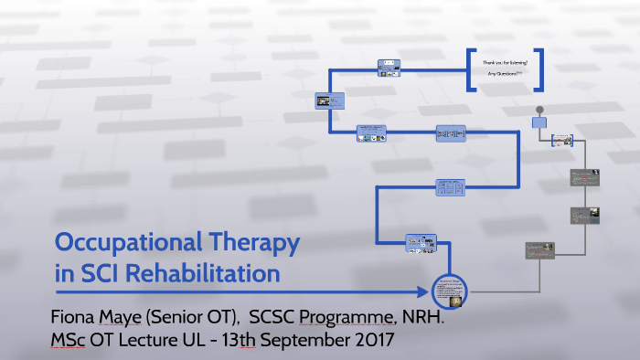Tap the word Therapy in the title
click(253, 244)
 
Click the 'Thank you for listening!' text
click(505, 62)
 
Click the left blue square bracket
click(469, 70)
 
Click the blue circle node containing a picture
click(450, 291)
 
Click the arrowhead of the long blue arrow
click(424, 292)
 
